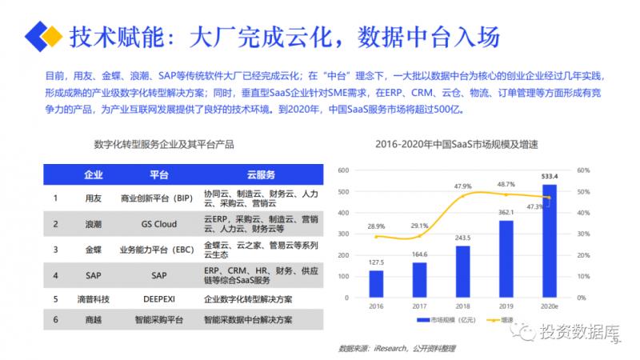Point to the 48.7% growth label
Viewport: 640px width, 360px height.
click(505, 184)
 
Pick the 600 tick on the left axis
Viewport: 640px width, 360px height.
click(345, 170)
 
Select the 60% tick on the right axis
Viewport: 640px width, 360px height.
click(582, 170)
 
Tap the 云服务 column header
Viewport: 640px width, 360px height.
click(260, 174)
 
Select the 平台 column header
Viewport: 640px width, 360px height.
click(158, 174)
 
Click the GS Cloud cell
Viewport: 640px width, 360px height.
click(158, 224)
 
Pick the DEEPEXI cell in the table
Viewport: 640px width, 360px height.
click(158, 299)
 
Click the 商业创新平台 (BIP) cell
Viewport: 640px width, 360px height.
click(157, 197)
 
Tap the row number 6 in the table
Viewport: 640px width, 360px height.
click(55, 320)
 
